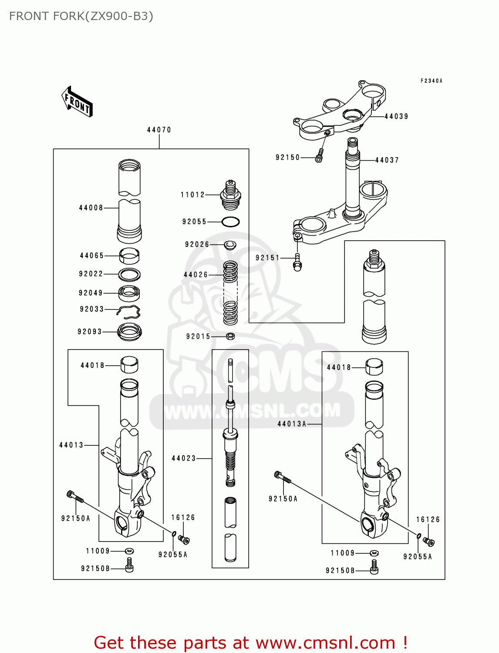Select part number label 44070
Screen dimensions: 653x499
tap(159, 130)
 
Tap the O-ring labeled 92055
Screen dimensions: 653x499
tap(230, 222)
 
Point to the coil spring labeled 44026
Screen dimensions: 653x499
tap(230, 293)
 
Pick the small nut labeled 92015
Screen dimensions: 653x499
tap(231, 336)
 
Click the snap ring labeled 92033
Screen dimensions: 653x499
tap(129, 311)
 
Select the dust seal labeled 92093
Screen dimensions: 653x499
tap(129, 332)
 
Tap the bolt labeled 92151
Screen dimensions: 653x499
tap(297, 262)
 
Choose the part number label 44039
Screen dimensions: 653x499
tap(396, 116)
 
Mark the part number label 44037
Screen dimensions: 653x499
tap(387, 160)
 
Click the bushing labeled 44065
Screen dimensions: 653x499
tap(129, 256)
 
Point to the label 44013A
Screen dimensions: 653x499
tap(292, 424)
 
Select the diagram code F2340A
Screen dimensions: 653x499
tap(431, 81)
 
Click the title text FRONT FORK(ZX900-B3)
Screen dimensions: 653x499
tap(81, 16)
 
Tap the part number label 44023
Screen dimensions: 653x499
tap(183, 458)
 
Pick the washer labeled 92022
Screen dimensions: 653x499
tap(129, 274)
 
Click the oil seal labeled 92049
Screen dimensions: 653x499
tap(129, 293)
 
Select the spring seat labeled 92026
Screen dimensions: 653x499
tap(230, 245)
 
